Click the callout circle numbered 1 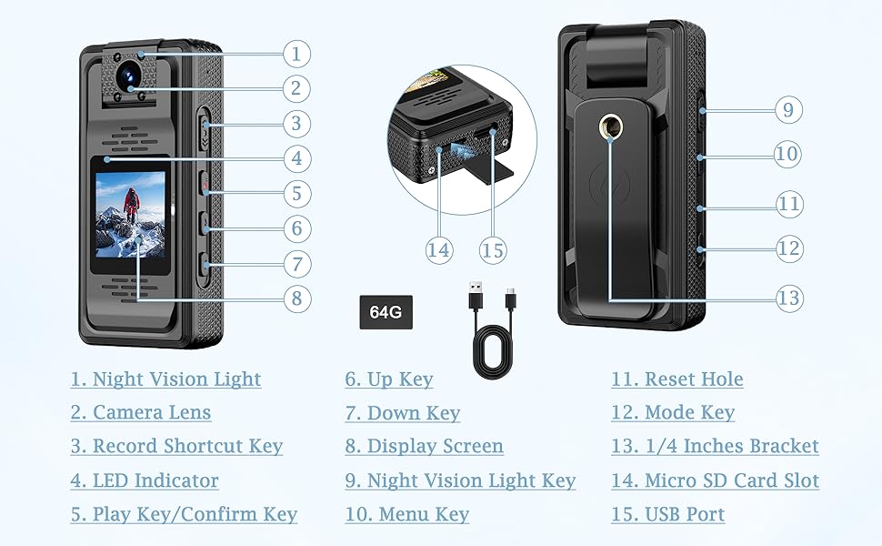point(296,53)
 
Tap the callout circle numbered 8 point(296,298)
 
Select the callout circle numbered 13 point(789,298)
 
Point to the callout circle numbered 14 point(439,250)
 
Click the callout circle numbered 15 point(492,250)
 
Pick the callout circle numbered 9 point(787,110)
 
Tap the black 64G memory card point(386,311)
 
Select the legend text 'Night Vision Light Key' point(460,480)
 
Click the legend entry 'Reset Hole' point(677,379)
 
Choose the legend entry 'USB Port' point(667,514)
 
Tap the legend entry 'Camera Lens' point(141,412)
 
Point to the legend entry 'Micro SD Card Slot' point(715,480)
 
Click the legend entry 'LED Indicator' point(145,480)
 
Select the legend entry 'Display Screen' point(424,446)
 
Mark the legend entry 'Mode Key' point(672,413)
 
